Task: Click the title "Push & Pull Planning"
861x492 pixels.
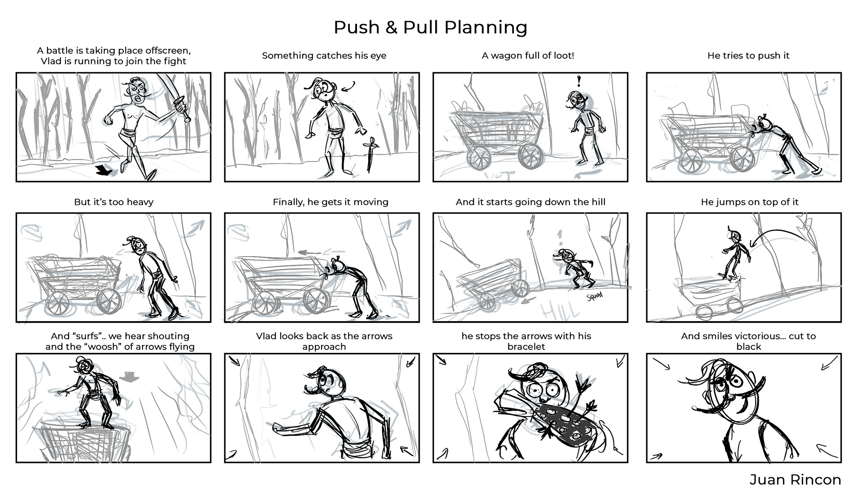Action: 430,27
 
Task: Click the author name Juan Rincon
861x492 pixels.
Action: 795,479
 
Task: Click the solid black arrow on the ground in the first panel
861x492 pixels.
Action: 106,170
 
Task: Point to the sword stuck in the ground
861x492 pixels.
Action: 371,155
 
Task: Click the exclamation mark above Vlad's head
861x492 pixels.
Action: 579,81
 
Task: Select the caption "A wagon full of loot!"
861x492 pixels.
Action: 528,56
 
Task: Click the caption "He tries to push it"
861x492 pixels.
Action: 748,56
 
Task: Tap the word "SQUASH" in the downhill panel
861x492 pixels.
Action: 594,296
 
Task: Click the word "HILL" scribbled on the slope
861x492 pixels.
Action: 555,310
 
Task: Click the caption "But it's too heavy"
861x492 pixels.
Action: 113,202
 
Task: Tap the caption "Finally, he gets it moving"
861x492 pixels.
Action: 330,202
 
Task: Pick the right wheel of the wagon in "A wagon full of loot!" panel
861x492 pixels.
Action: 531,156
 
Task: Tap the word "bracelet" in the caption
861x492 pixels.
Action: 526,347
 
